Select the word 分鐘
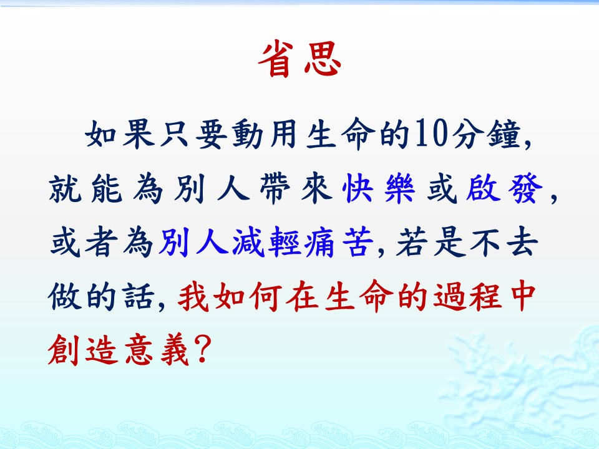tap(485, 134)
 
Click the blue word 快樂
tap(379, 188)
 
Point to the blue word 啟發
tap(504, 188)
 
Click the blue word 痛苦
tap(338, 242)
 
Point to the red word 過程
tap(467, 296)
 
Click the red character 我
tap(193, 296)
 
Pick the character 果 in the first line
tap(139, 134)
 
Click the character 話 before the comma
tap(139, 296)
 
